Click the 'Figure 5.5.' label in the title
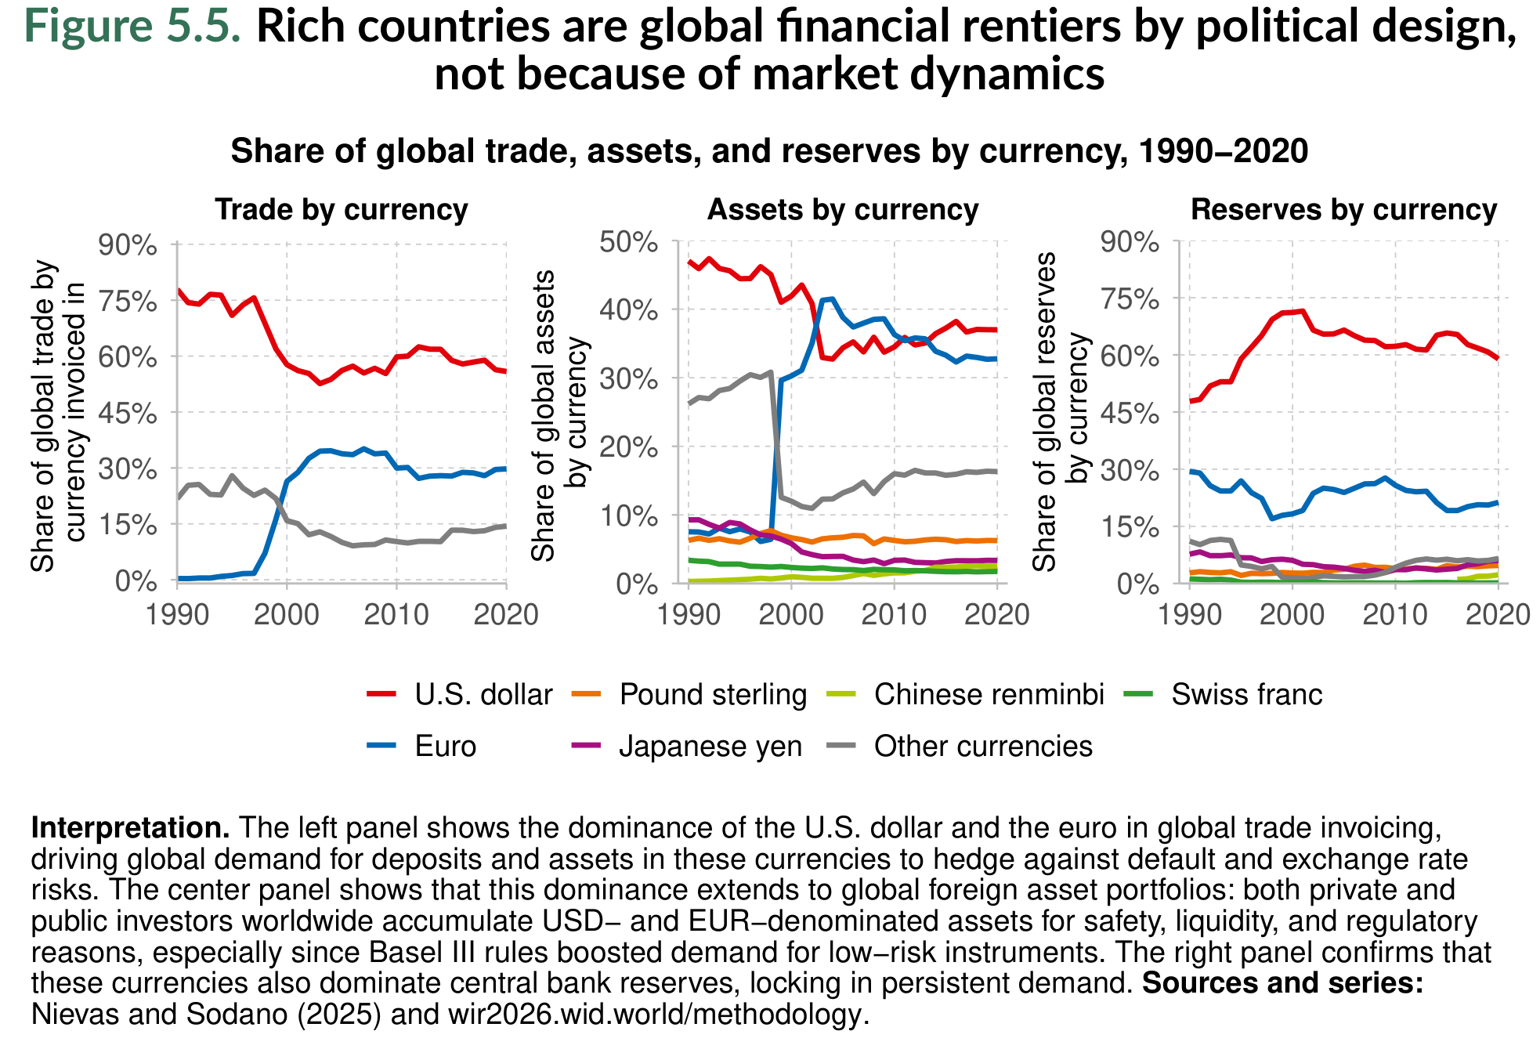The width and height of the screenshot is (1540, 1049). pos(133,26)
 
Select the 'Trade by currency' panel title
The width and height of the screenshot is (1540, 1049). pos(342,210)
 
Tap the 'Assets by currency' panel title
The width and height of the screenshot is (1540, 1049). pos(843,210)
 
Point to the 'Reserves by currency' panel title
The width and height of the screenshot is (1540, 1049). pos(1343,210)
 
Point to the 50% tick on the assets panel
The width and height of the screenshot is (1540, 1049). pos(628,243)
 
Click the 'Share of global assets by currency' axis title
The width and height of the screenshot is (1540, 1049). pos(559,415)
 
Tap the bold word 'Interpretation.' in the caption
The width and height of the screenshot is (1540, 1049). pos(130,828)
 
